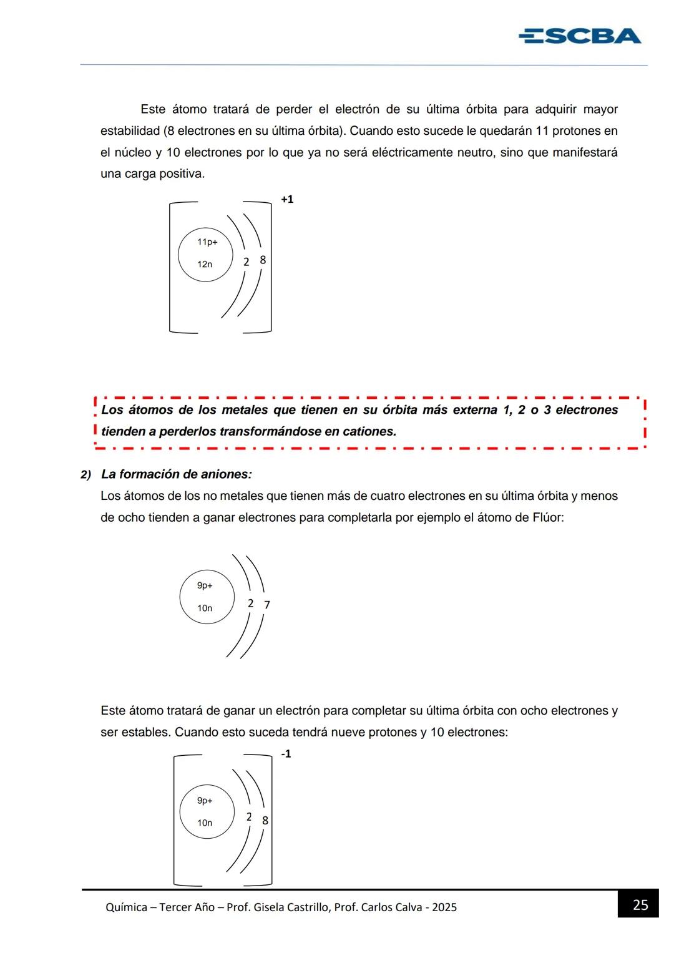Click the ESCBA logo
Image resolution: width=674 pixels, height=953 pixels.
pos(580,36)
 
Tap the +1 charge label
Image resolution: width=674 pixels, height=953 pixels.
pos(287,200)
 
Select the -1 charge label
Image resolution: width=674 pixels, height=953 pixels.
pos(286,754)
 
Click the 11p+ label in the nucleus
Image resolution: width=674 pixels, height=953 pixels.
pos(207,242)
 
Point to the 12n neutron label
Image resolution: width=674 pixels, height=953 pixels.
pos(205,264)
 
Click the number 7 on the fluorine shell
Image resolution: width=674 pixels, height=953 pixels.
pos(267,605)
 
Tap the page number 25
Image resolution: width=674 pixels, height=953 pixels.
pos(640,905)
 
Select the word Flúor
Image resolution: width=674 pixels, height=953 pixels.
pos(547,517)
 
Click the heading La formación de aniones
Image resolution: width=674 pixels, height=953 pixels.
pos(177,474)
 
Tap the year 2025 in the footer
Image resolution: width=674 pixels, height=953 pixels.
pos(444,907)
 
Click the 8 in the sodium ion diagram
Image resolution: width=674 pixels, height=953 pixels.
pos(263,260)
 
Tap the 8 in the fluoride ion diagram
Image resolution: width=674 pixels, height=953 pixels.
pos(265,821)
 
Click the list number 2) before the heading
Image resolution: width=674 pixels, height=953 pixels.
pos(86,475)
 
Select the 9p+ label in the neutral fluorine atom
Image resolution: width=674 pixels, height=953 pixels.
pos(205,585)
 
